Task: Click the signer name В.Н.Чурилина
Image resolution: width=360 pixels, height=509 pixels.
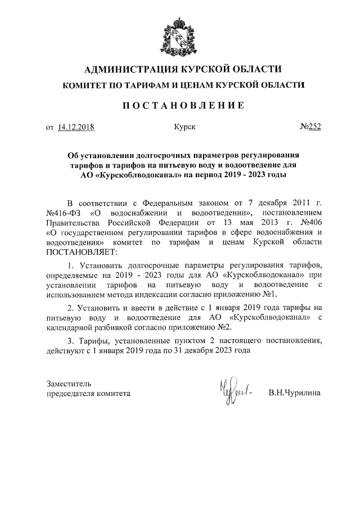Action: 294,393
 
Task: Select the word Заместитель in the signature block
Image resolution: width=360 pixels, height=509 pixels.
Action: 67,383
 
